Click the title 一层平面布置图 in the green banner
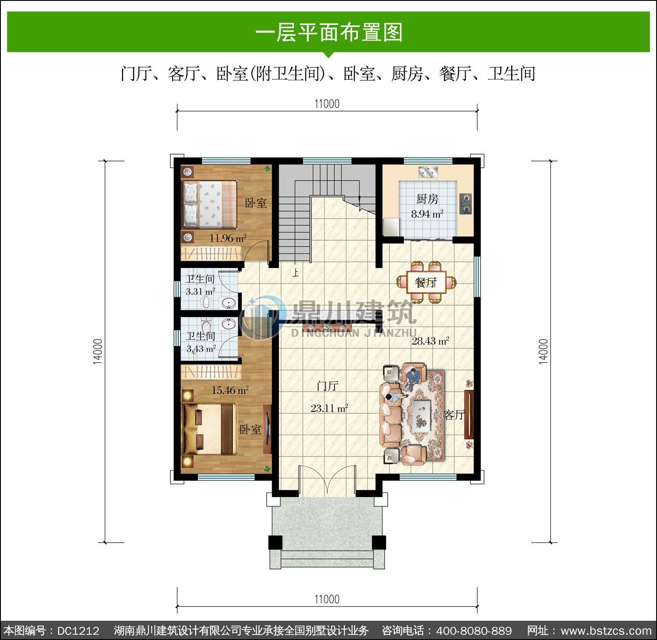pyautogui.click(x=328, y=32)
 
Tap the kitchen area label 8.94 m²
pyautogui.click(x=427, y=214)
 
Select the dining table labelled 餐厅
pyautogui.click(x=426, y=282)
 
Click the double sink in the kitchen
pyautogui.click(x=428, y=172)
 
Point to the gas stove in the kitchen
pyautogui.click(x=466, y=204)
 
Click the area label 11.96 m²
pyautogui.click(x=228, y=238)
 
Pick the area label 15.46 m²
pyautogui.click(x=230, y=390)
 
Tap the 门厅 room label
pyautogui.click(x=328, y=386)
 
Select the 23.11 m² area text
pyautogui.click(x=329, y=408)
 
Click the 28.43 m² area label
pyautogui.click(x=430, y=341)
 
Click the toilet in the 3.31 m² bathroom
pyautogui.click(x=206, y=302)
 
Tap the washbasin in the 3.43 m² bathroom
pyautogui.click(x=228, y=324)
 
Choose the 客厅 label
pyautogui.click(x=454, y=415)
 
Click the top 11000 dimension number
pyautogui.click(x=327, y=104)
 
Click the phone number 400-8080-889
pyautogui.click(x=474, y=631)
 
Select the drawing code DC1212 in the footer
pyautogui.click(x=78, y=631)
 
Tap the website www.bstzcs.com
pyautogui.click(x=606, y=631)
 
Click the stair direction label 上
pyautogui.click(x=296, y=273)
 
